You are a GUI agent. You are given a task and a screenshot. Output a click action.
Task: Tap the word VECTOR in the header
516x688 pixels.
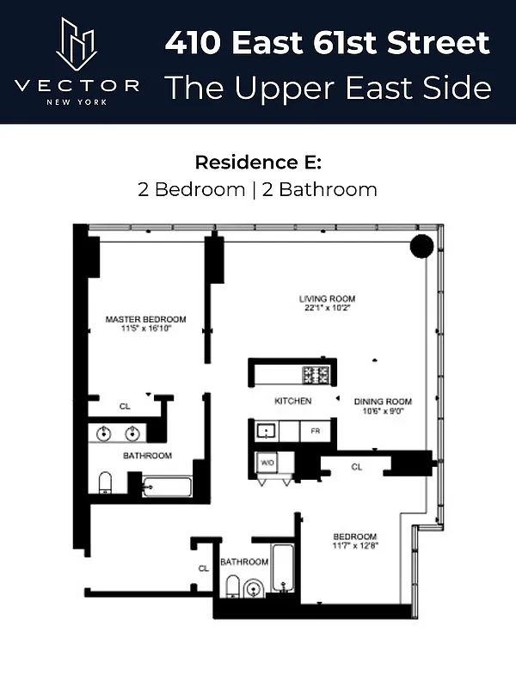77,85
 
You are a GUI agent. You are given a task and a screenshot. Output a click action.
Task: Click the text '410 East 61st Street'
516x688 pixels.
327,41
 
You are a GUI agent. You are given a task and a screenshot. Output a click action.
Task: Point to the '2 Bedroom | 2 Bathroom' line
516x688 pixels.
257,189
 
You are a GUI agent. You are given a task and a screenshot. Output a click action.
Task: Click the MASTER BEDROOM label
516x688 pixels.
145,319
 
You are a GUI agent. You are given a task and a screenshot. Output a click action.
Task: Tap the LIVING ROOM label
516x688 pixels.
328,298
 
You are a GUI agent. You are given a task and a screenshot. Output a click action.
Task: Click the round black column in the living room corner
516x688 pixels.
421,246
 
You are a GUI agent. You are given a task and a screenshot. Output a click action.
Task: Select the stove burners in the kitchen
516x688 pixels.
315,374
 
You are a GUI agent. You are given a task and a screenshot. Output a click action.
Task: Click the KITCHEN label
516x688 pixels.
292,401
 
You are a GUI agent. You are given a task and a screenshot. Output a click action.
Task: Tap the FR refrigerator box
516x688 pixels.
315,431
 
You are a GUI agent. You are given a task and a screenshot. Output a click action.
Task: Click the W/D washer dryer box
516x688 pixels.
267,464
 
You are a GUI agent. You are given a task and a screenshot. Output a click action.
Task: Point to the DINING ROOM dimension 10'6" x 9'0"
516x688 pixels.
383,411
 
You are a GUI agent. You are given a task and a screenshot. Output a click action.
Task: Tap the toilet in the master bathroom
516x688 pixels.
105,482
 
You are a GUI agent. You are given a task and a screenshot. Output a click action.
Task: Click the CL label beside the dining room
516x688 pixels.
356,467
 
